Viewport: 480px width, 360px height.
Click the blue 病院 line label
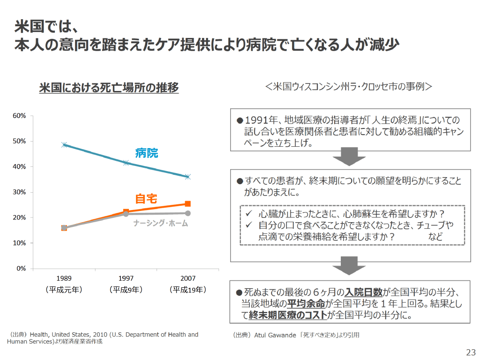(147, 153)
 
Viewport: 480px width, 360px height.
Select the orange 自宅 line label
(146, 198)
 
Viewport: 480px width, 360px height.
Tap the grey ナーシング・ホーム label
(160, 224)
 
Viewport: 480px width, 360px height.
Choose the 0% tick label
(21, 269)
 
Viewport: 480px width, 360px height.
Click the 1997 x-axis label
(126, 278)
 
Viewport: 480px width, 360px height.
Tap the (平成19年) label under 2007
(187, 290)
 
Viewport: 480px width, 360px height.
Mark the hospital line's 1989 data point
(64, 145)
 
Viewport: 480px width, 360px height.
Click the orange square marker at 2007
(187, 204)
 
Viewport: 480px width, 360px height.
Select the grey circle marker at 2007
(187, 213)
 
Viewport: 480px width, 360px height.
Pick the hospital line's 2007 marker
(187, 177)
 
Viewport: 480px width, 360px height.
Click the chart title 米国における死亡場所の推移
(109, 88)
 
